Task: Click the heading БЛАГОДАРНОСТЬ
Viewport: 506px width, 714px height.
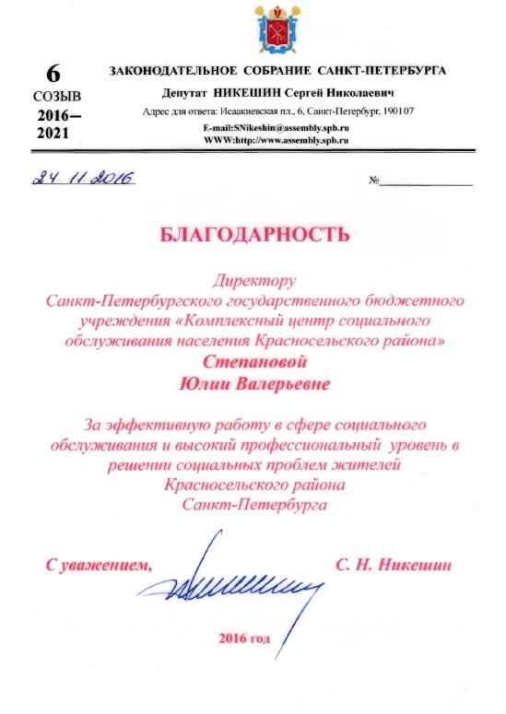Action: (254, 234)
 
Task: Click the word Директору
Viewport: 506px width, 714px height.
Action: (253, 276)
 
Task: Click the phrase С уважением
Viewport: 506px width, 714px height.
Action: (98, 563)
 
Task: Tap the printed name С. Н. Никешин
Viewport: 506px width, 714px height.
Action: (396, 563)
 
